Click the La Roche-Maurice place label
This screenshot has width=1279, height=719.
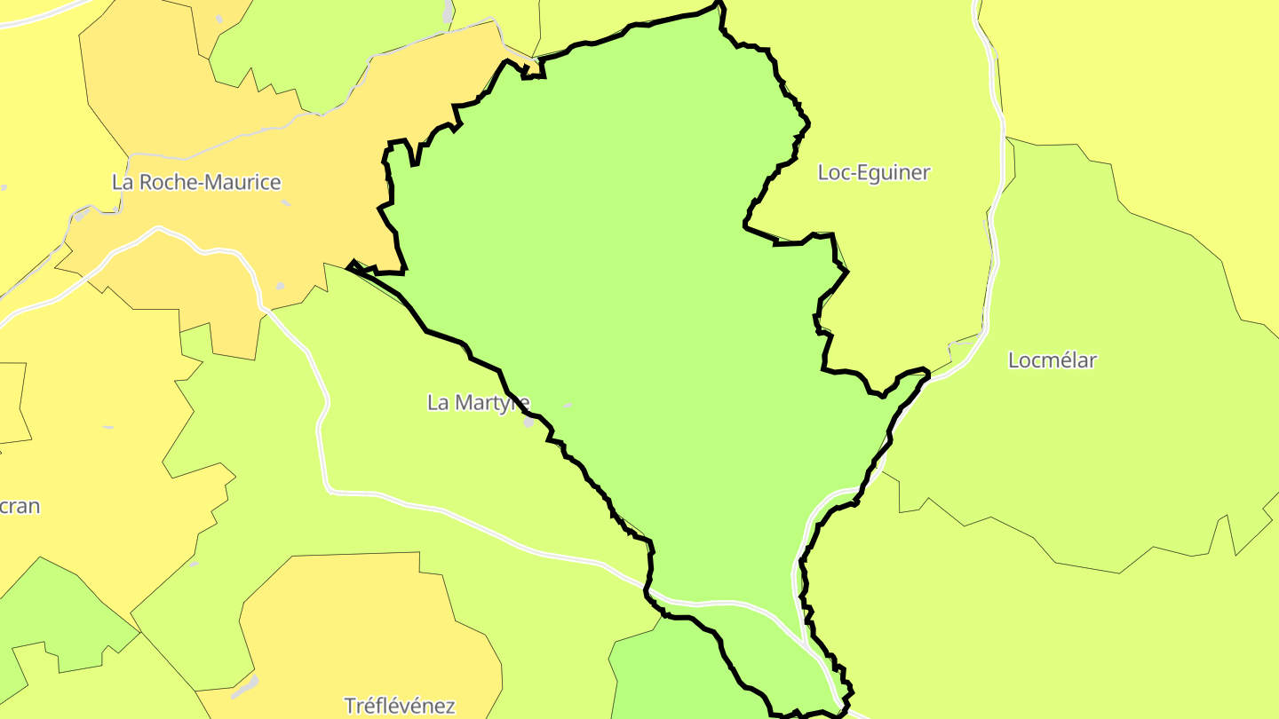(x=196, y=183)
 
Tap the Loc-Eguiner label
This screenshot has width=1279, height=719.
(x=873, y=172)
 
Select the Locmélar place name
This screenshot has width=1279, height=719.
(x=1052, y=360)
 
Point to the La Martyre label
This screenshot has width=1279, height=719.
(x=478, y=403)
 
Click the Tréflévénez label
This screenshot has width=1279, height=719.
(x=400, y=707)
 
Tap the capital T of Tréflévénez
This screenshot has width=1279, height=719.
(x=350, y=707)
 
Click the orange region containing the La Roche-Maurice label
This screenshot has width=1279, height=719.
(x=178, y=107)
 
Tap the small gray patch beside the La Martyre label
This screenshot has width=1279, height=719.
(x=529, y=423)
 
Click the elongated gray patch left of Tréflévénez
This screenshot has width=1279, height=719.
(x=246, y=685)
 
